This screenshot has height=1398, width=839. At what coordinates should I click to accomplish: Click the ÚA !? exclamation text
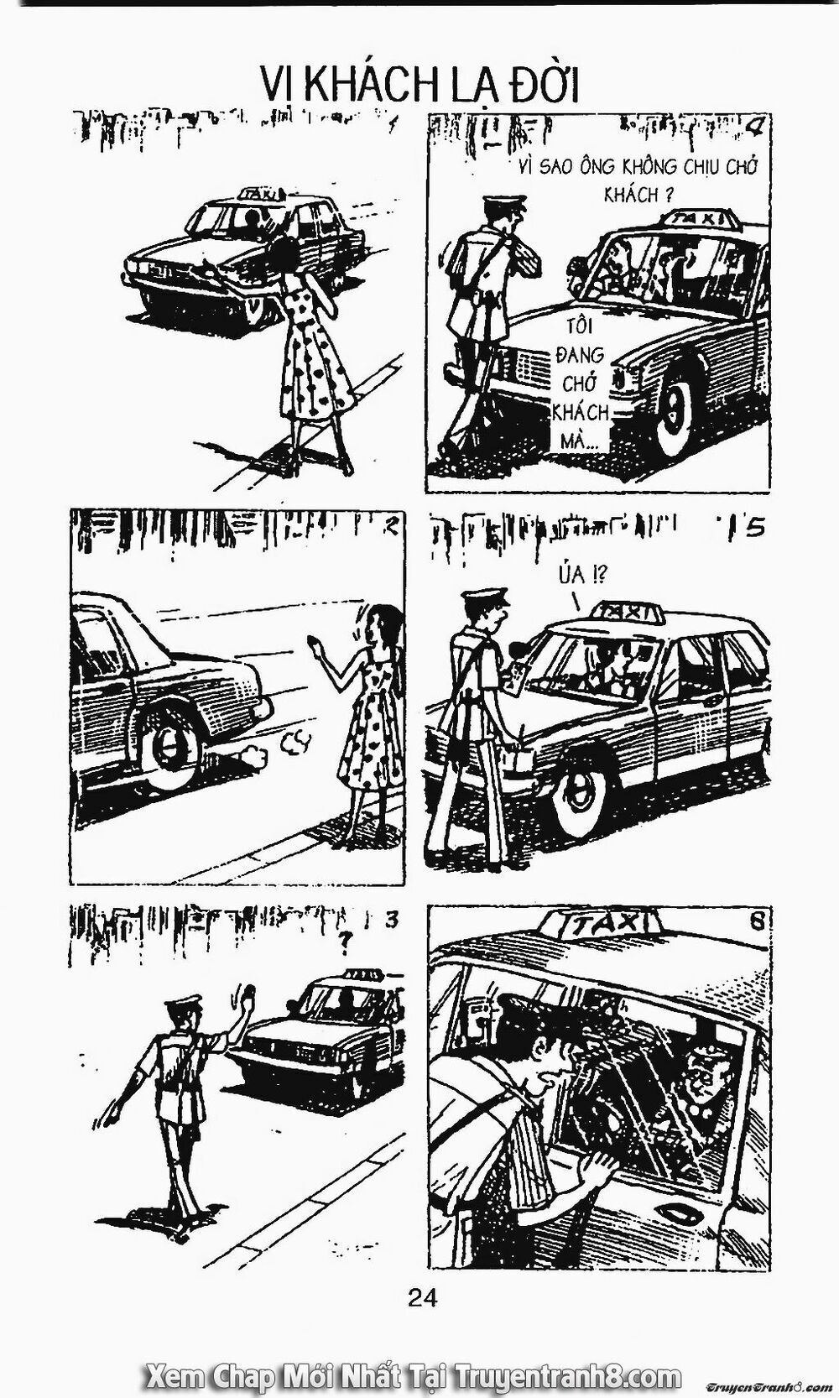(581, 575)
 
